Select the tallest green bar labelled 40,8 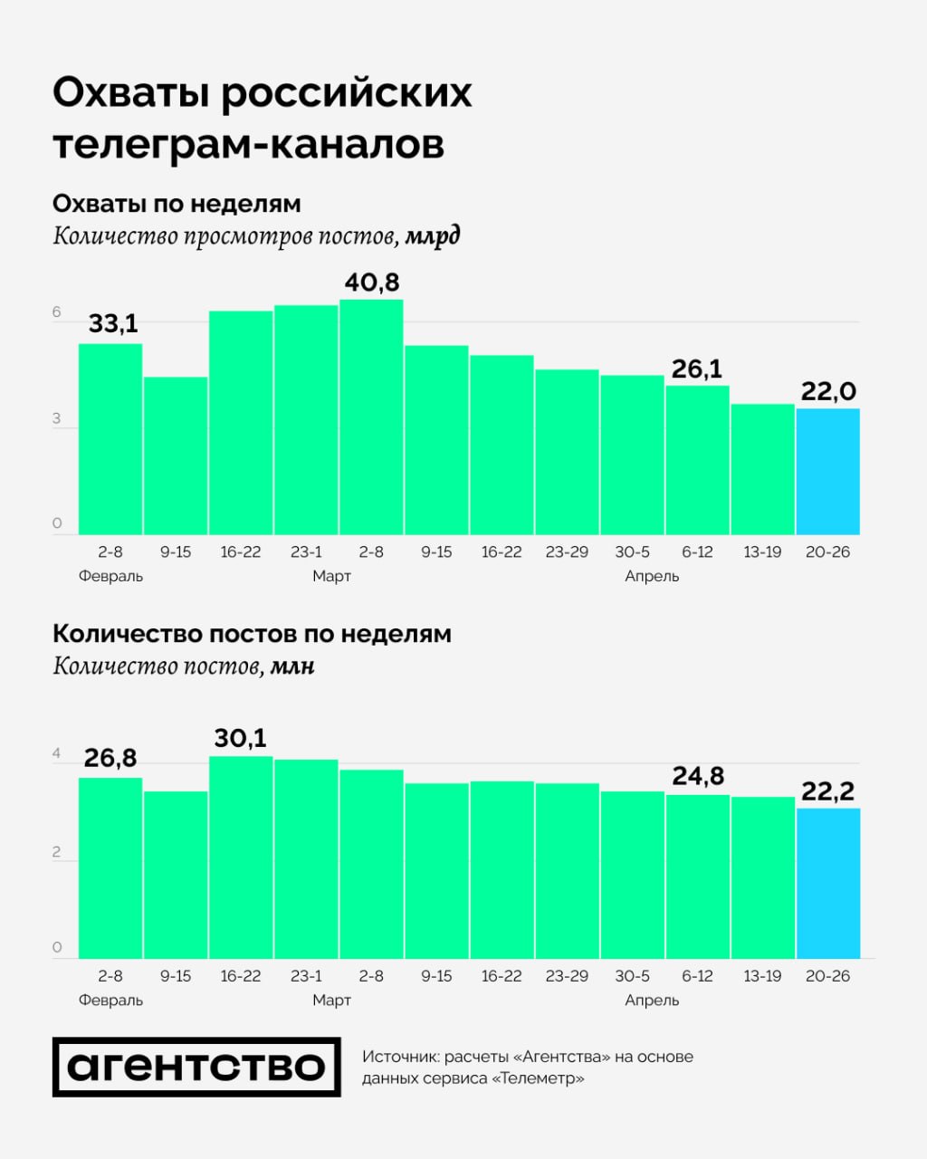click(x=371, y=417)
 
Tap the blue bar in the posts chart click(x=827, y=883)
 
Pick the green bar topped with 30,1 click(x=241, y=857)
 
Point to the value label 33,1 click(x=113, y=323)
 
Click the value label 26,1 click(x=696, y=369)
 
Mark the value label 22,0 click(x=827, y=392)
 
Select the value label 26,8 click(x=110, y=758)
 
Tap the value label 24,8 click(x=697, y=776)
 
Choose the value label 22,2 click(x=827, y=791)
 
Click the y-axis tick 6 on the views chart click(x=57, y=313)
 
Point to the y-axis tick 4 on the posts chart click(x=57, y=753)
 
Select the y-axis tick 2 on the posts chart click(x=57, y=852)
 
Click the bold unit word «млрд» click(x=432, y=237)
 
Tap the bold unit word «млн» click(x=292, y=666)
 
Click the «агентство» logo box click(x=196, y=1067)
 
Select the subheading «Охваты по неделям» click(x=177, y=204)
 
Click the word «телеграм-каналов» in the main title click(x=249, y=145)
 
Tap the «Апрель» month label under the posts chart click(x=652, y=1001)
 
